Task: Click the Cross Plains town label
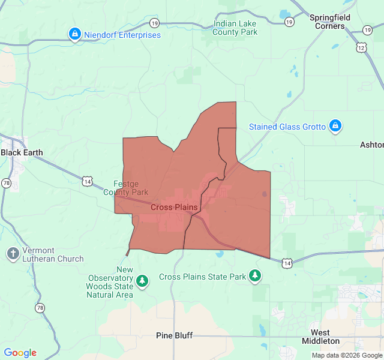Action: [173, 208]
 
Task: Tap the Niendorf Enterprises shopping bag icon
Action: [74, 34]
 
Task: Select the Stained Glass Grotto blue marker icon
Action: [336, 126]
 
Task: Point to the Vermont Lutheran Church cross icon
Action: [13, 254]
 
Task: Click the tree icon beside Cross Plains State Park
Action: [256, 276]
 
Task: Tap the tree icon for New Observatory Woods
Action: [142, 280]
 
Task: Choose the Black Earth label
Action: [22, 152]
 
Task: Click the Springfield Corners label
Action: [329, 22]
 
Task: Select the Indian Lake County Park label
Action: [235, 28]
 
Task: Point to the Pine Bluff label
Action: [174, 335]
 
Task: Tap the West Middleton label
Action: [325, 337]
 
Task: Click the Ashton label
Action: [371, 145]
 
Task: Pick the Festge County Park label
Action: [125, 188]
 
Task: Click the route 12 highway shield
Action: [361, 47]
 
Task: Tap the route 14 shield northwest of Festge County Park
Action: [88, 181]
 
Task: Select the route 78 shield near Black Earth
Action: [6, 183]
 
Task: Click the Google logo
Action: [20, 353]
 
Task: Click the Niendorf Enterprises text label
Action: [122, 35]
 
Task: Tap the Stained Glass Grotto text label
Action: [287, 127]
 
